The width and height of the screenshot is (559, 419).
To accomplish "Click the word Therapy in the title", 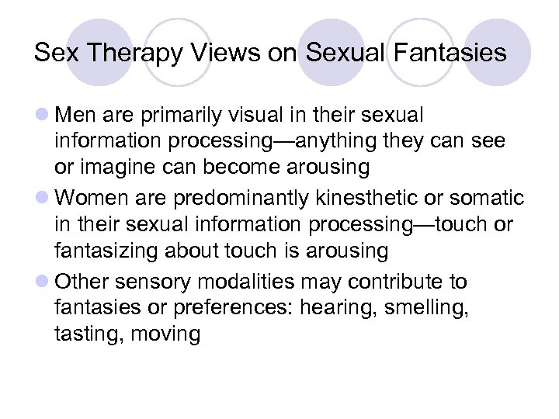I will click(126, 53).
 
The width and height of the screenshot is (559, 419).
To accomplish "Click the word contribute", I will click(383, 281).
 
